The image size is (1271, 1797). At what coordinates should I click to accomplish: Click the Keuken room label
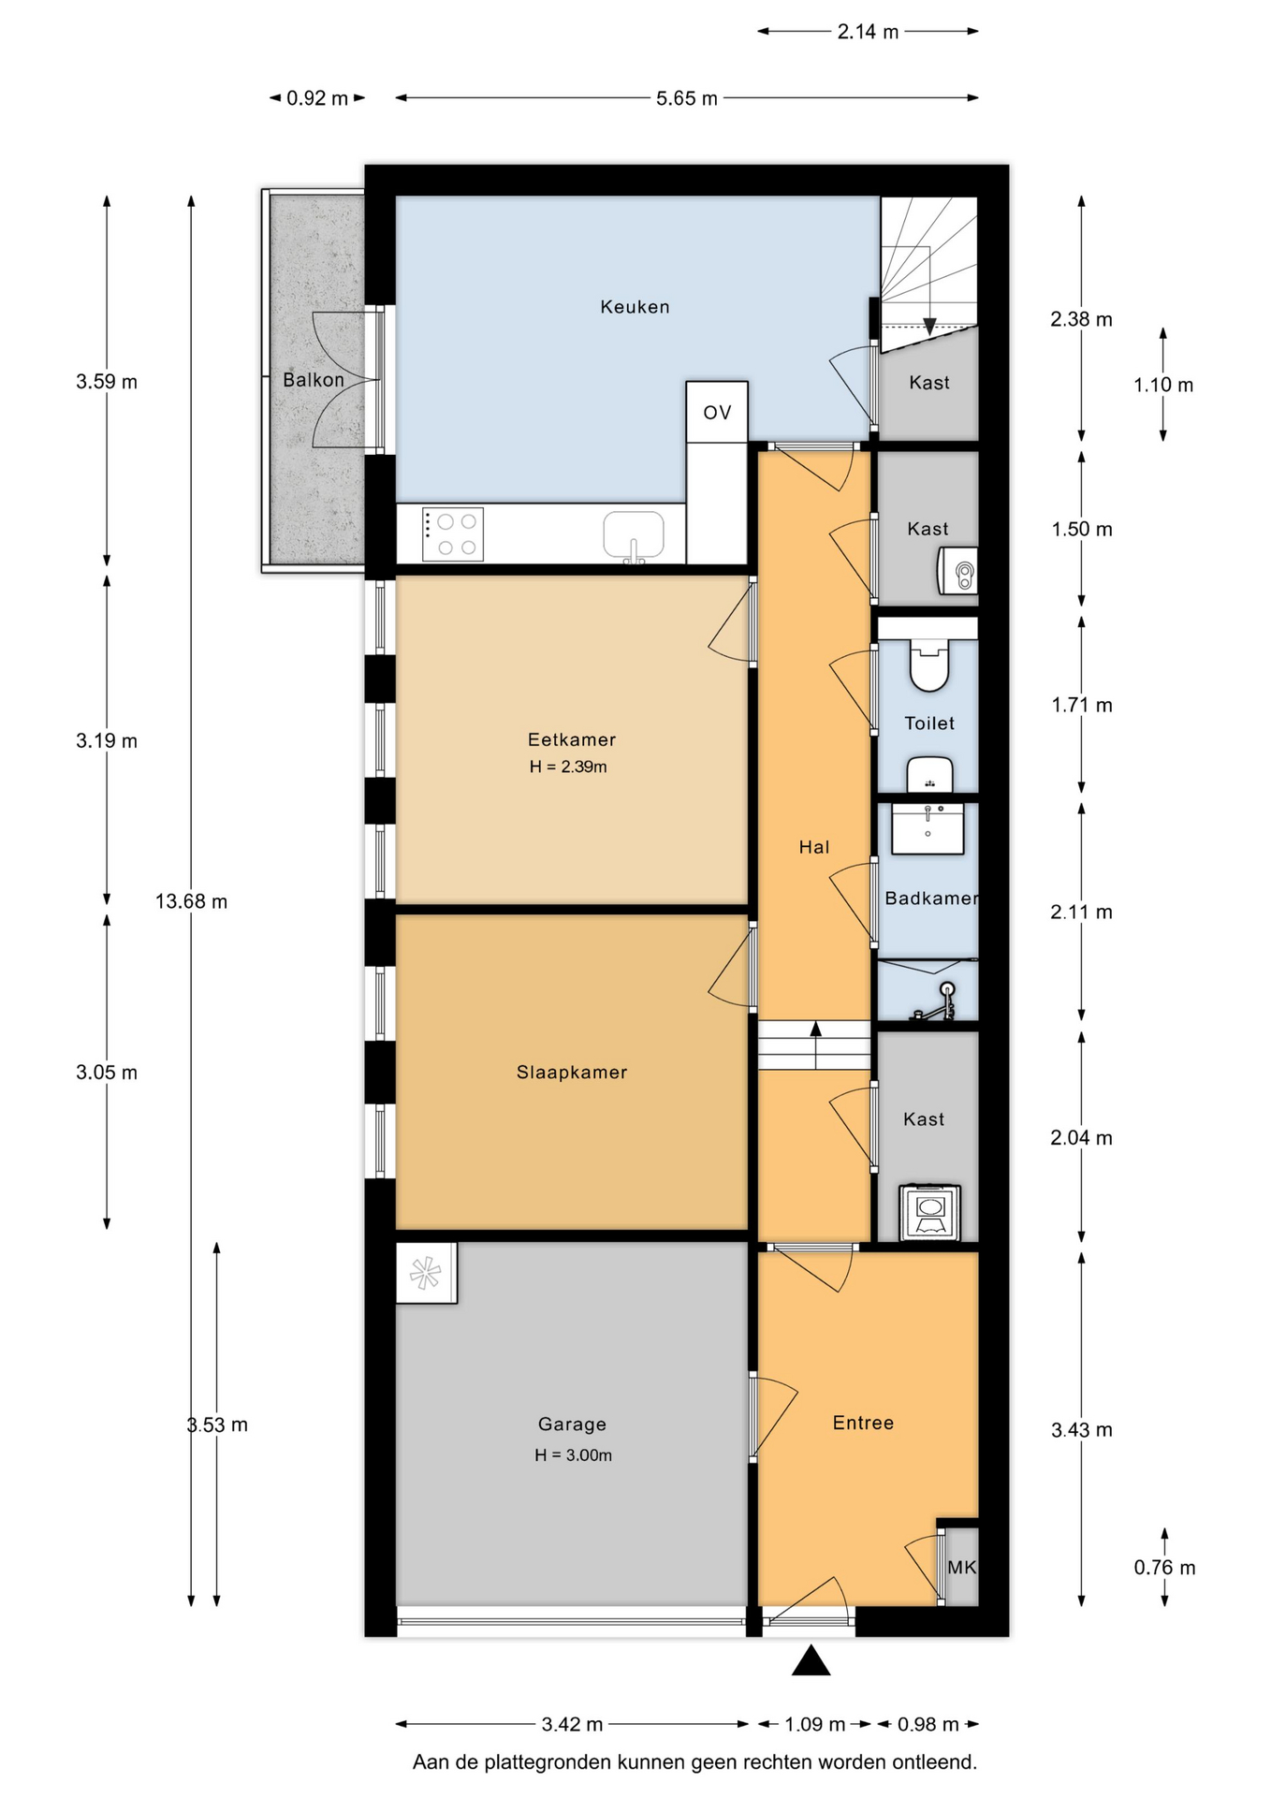click(x=635, y=307)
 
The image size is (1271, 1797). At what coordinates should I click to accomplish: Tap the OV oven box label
click(x=717, y=413)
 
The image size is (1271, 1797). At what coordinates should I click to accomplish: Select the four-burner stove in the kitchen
click(x=453, y=534)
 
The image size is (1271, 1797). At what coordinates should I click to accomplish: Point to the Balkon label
click(x=314, y=380)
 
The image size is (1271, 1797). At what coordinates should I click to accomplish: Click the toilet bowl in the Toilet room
click(x=929, y=665)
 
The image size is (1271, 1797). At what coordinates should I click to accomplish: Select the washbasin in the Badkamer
click(x=928, y=828)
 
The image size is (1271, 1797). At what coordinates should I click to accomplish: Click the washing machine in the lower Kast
click(x=929, y=1213)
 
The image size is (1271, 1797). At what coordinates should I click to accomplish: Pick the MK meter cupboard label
click(x=962, y=1568)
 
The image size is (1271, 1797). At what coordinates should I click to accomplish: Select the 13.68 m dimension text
click(x=191, y=901)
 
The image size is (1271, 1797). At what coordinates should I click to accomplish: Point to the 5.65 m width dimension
click(x=687, y=98)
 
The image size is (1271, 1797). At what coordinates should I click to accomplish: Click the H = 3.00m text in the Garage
click(x=574, y=1455)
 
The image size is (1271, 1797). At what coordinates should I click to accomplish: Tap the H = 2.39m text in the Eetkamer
click(x=568, y=767)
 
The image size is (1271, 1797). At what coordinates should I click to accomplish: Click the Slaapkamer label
click(x=572, y=1073)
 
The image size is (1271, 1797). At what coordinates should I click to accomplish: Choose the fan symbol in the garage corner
click(x=426, y=1273)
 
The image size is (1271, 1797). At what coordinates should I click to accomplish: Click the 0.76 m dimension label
click(x=1165, y=1568)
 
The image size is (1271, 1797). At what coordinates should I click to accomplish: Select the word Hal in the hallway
click(x=814, y=848)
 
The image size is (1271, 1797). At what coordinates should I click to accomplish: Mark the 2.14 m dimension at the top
click(x=868, y=32)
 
